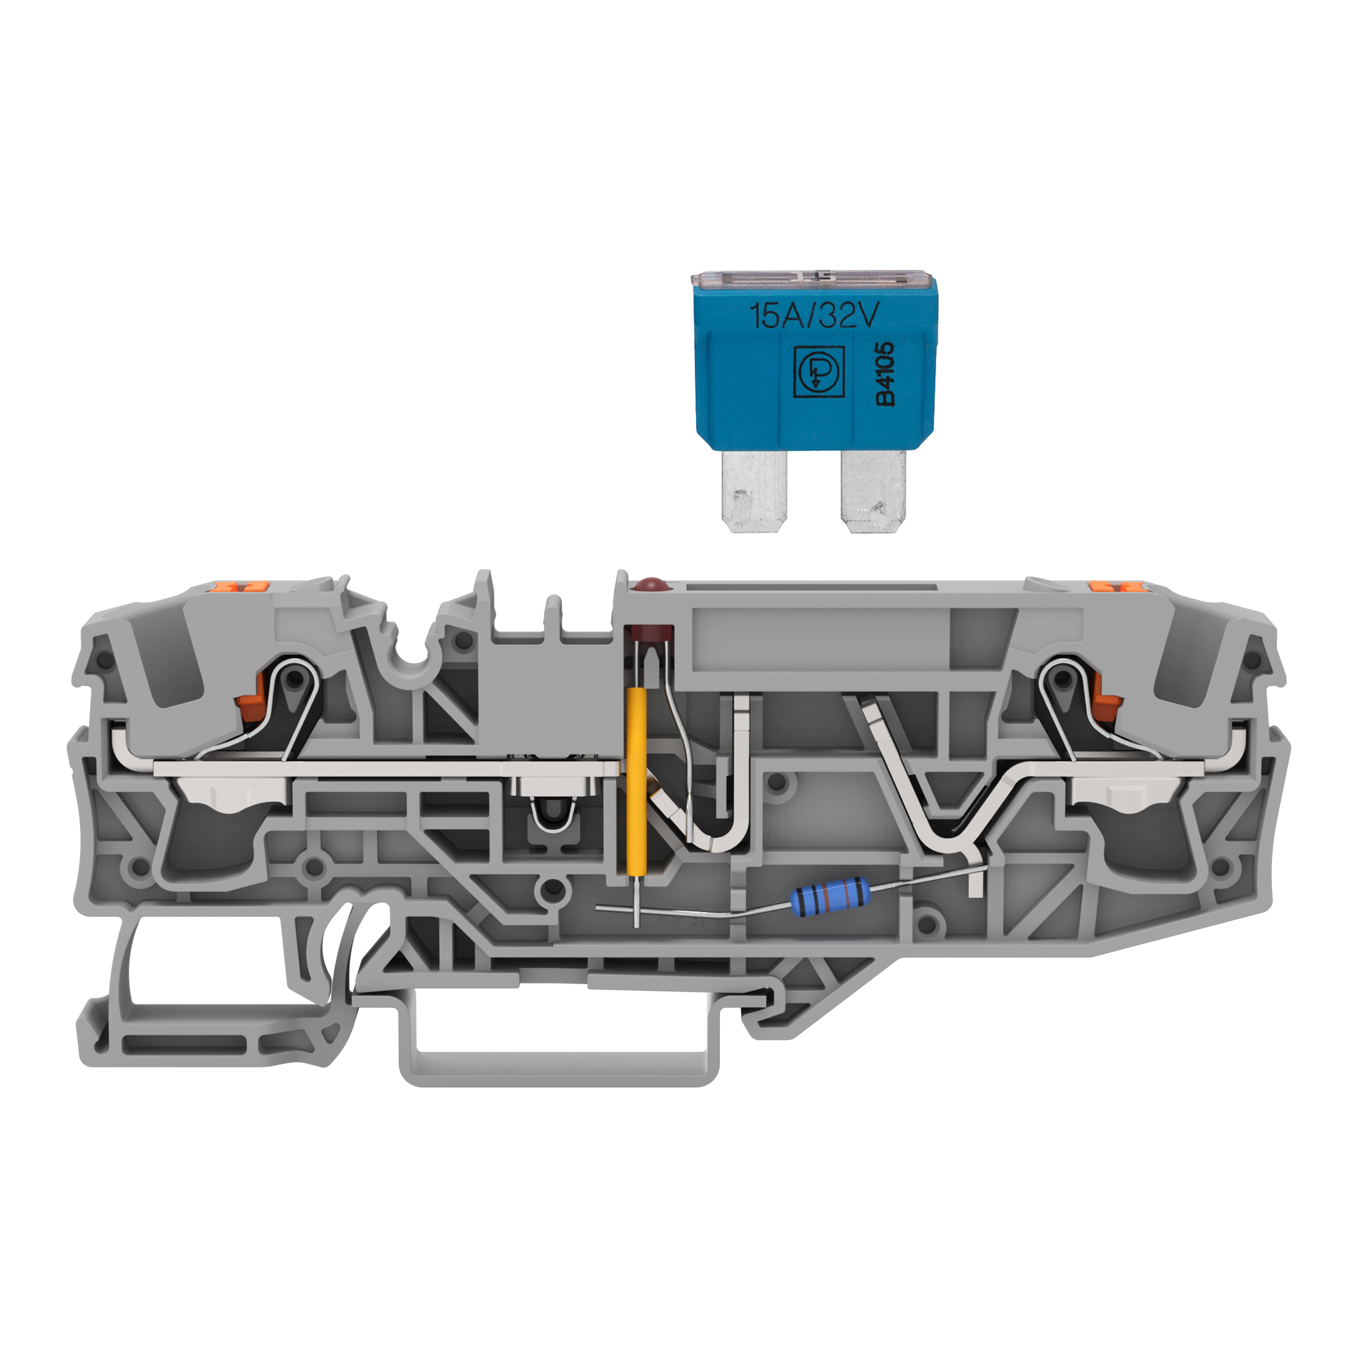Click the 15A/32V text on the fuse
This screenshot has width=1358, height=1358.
pyautogui.click(x=814, y=316)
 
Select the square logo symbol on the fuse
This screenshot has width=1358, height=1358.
pyautogui.click(x=818, y=372)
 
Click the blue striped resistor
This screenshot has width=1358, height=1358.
pyautogui.click(x=830, y=897)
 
